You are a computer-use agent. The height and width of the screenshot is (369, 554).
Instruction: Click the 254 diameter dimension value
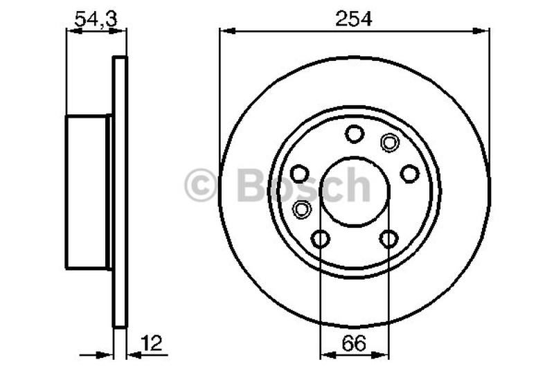coord(354,19)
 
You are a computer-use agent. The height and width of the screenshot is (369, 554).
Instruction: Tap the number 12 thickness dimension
coord(152,341)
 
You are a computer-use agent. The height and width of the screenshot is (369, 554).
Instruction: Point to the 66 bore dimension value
coord(354,341)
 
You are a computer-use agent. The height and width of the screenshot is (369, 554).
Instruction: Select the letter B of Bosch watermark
coord(251,186)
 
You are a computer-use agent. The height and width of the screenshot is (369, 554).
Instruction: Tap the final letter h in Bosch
coord(357,186)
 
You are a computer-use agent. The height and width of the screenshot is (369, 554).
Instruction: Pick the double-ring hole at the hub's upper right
coord(390,143)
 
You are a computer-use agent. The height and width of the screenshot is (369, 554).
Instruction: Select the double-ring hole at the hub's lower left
coord(302,208)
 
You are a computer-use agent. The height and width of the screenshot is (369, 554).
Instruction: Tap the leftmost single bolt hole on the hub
coord(300,172)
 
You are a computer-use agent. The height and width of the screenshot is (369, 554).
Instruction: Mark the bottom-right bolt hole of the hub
coord(388,239)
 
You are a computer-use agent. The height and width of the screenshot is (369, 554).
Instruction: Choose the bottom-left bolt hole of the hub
coord(321,239)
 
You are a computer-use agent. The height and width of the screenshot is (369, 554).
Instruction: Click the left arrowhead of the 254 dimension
coord(224,30)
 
